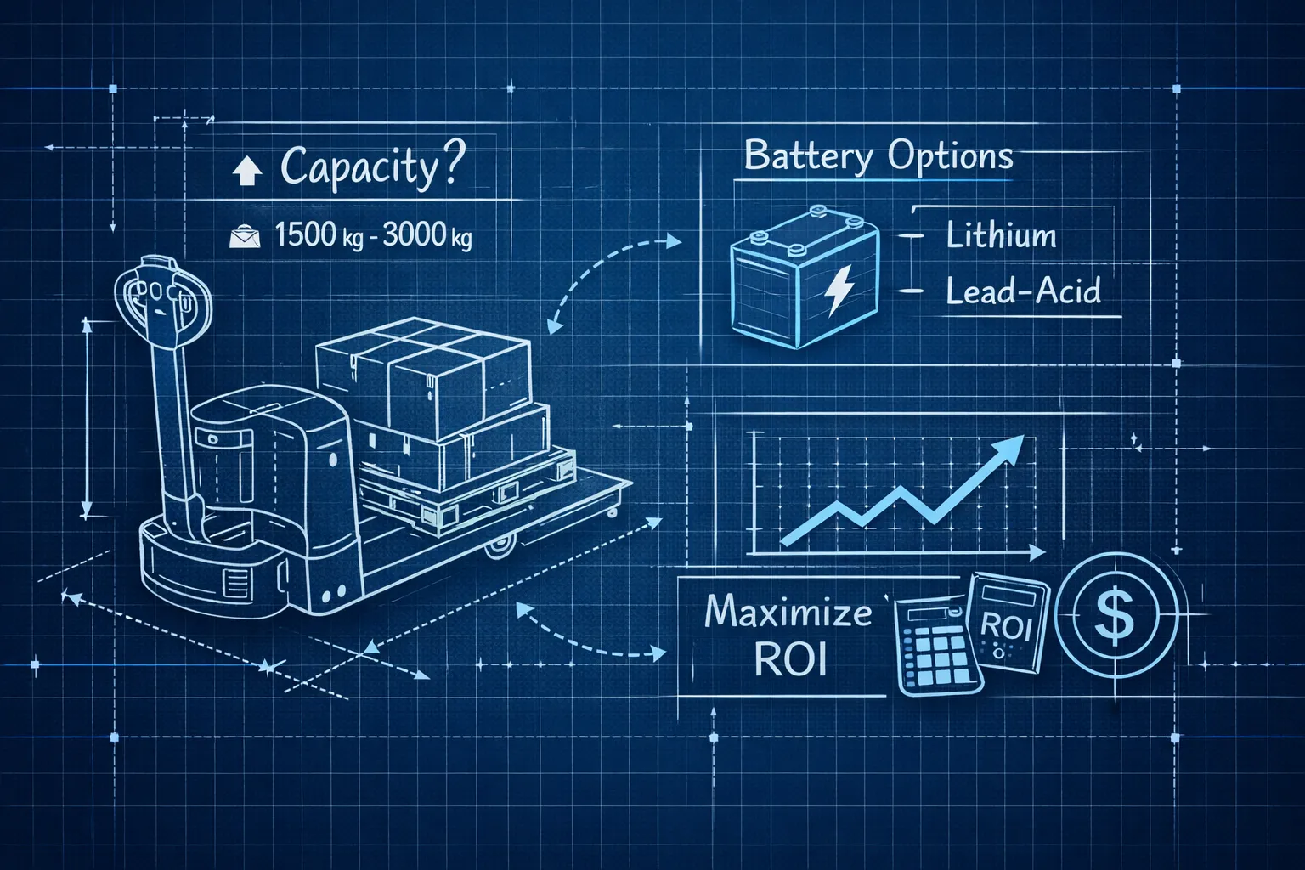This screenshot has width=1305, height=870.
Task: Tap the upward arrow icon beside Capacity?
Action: pos(247,171)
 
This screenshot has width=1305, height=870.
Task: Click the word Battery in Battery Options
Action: pos(809,155)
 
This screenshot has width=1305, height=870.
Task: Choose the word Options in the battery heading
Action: pos(951,157)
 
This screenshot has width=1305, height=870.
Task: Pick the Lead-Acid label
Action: pos(1023,291)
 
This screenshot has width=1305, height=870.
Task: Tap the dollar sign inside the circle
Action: pos(1114,615)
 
